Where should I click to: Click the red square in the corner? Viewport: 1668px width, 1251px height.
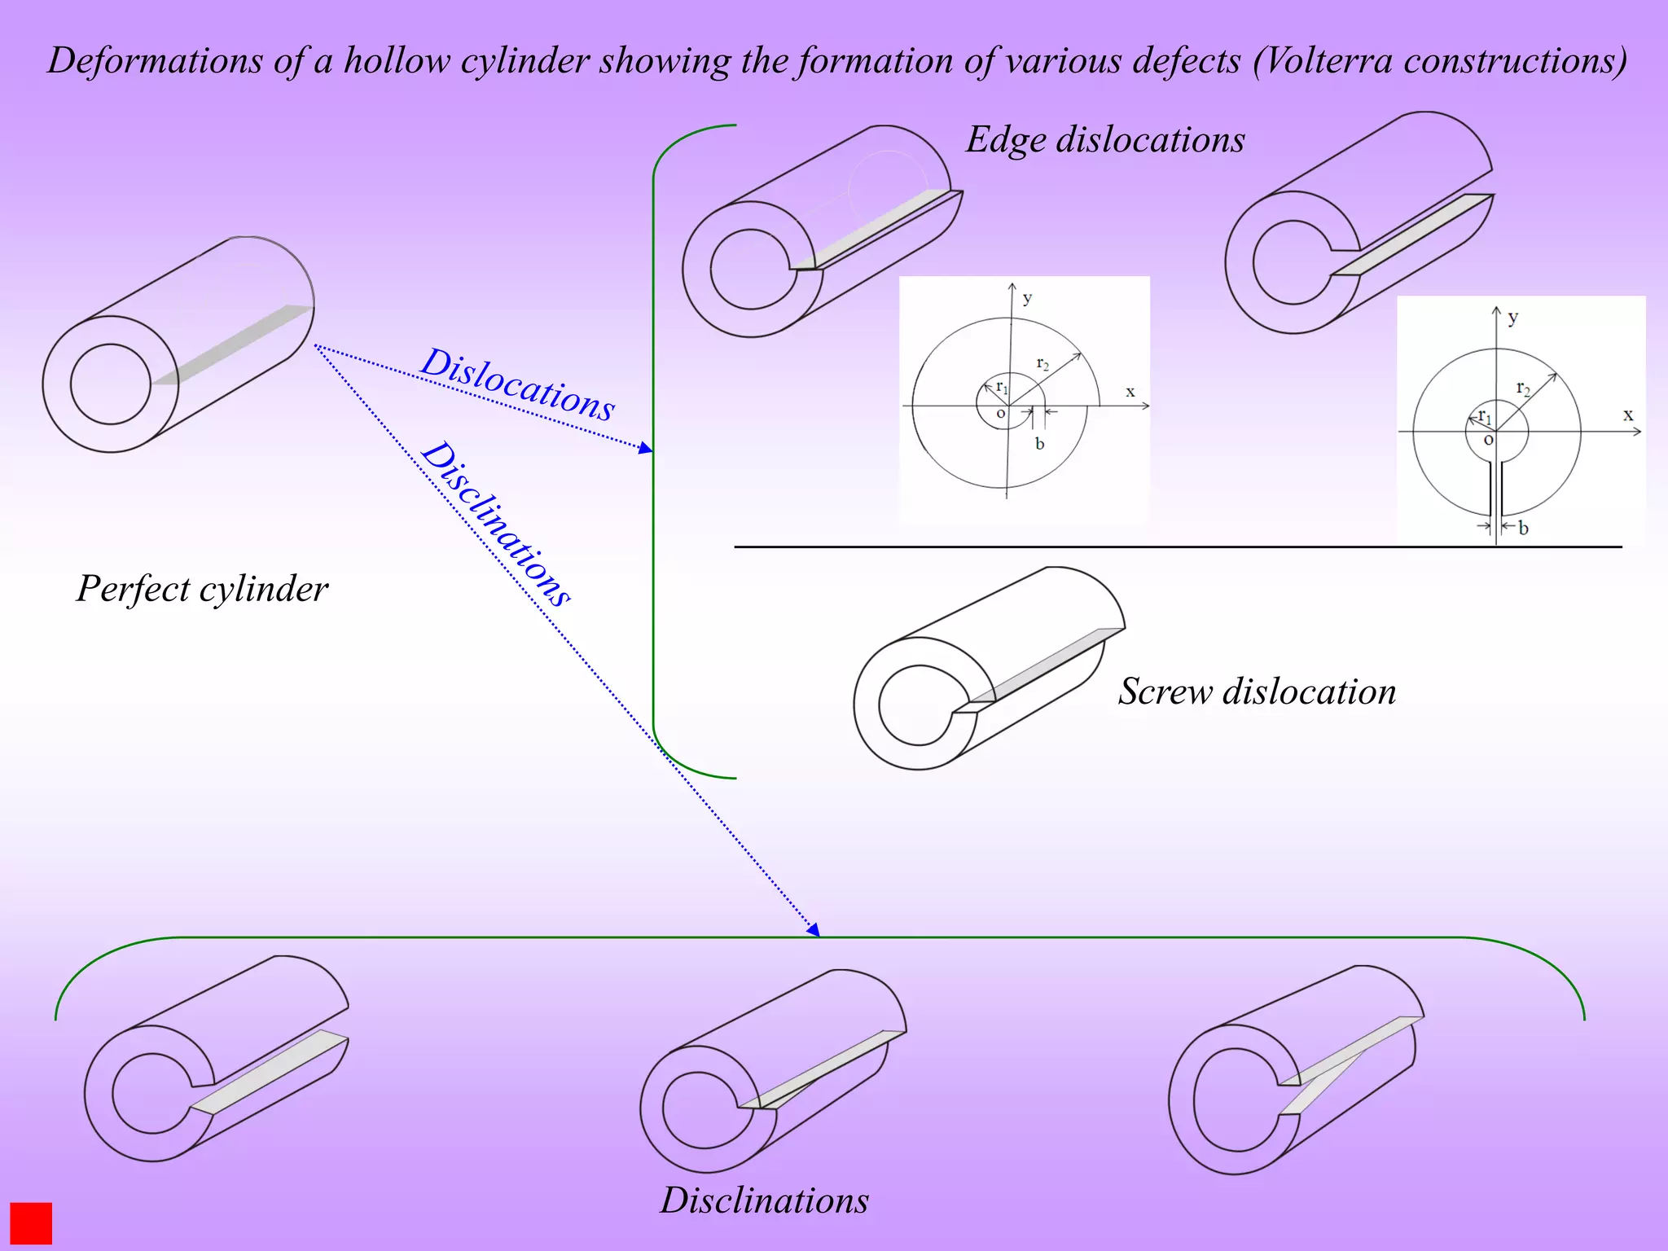pyautogui.click(x=31, y=1222)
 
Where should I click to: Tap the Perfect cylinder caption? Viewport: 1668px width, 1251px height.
pyautogui.click(x=202, y=589)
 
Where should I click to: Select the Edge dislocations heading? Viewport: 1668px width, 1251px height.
pyautogui.click(x=1105, y=139)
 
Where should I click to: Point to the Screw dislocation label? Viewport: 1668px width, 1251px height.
pyautogui.click(x=1257, y=691)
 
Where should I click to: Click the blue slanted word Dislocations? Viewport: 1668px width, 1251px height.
pyautogui.click(x=517, y=384)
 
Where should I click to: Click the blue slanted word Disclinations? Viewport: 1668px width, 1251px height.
pyautogui.click(x=495, y=524)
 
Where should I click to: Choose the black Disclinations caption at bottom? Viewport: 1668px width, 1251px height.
pyautogui.click(x=764, y=1201)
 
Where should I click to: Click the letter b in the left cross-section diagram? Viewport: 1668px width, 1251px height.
pyautogui.click(x=1039, y=444)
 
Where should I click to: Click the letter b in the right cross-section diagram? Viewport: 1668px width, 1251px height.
pyautogui.click(x=1523, y=528)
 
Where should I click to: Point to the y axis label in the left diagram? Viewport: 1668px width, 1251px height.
pyautogui.click(x=1027, y=298)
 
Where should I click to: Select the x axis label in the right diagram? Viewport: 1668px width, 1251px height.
pyautogui.click(x=1628, y=415)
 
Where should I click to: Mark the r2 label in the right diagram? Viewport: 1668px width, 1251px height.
pyautogui.click(x=1523, y=388)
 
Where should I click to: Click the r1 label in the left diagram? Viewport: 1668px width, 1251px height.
pyautogui.click(x=1002, y=387)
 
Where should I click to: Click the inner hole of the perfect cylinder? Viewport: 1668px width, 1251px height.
pyautogui.click(x=111, y=384)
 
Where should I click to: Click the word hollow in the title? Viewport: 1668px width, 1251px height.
pyautogui.click(x=397, y=61)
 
